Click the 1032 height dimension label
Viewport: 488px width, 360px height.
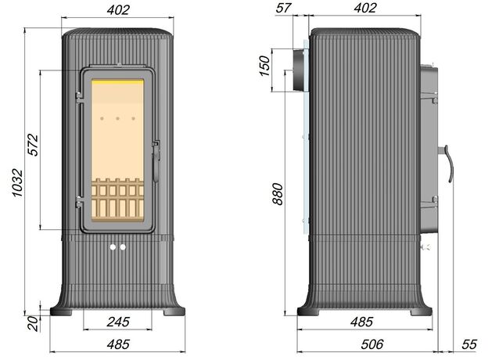pos(18,183)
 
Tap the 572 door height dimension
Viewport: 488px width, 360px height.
pos(33,145)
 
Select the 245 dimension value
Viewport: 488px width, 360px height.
pos(118,322)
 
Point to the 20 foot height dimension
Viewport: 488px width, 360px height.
pos(34,323)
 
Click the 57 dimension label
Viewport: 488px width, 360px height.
pos(283,8)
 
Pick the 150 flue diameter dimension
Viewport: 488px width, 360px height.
pos(265,66)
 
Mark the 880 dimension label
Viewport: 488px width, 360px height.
pos(278,194)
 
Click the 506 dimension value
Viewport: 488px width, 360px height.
pos(372,344)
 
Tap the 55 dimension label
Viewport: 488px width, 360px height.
pos(469,344)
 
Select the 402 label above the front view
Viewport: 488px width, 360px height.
pos(118,10)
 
